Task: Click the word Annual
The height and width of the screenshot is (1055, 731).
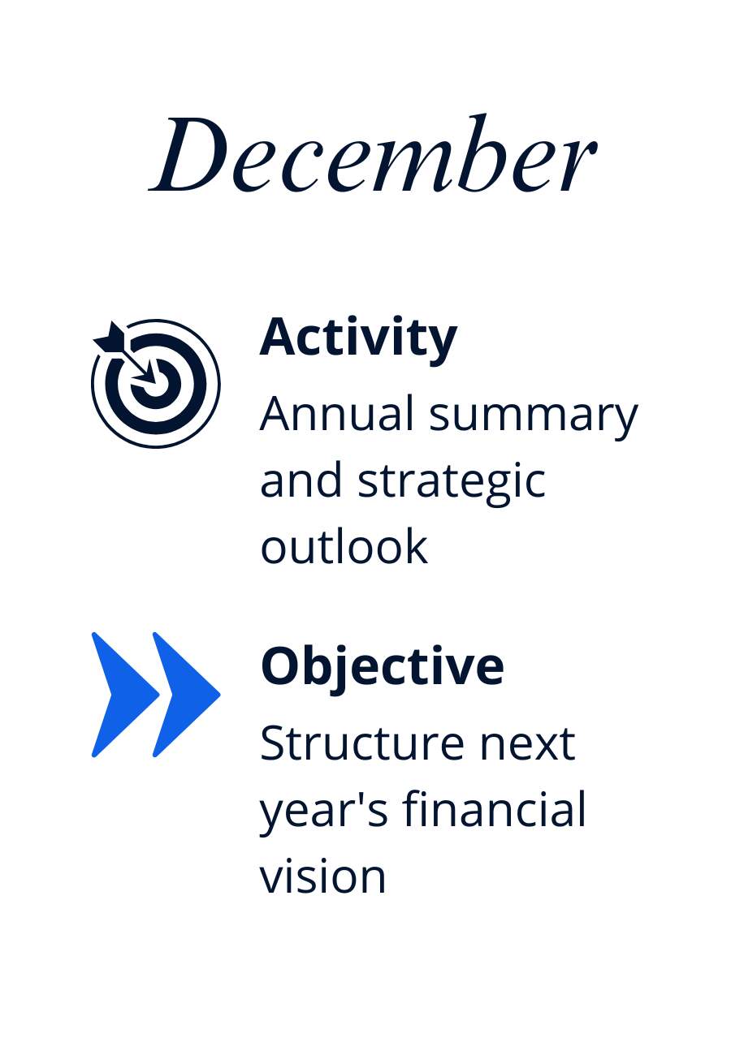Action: click(x=336, y=414)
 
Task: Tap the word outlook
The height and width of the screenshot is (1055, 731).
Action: click(x=344, y=546)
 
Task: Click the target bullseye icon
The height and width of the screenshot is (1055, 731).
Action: click(x=155, y=383)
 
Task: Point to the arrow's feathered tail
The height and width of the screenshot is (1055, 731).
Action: click(x=110, y=338)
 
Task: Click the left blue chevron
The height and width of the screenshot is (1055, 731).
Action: click(x=125, y=695)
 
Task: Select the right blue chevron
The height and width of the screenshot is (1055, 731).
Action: click(x=186, y=695)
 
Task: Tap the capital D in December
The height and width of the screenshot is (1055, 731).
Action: click(x=188, y=153)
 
